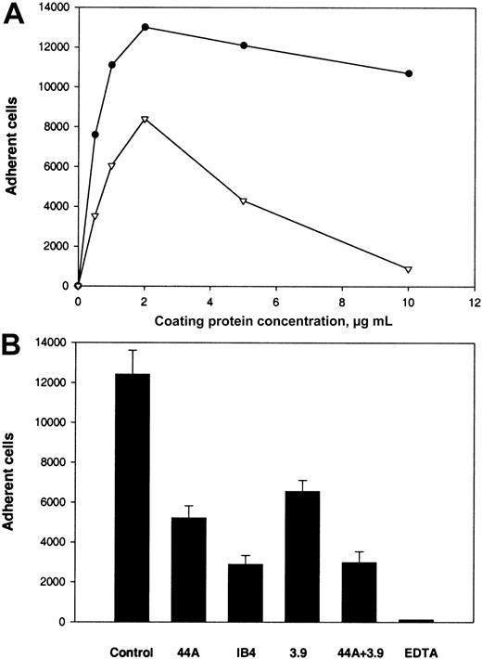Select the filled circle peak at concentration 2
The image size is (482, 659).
click(x=145, y=27)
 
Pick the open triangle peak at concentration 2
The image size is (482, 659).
click(x=145, y=120)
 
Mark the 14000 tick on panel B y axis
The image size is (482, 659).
click(x=54, y=343)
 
